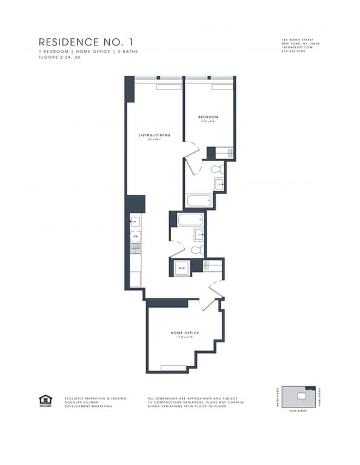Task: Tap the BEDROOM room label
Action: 208,117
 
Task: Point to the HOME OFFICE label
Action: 185,333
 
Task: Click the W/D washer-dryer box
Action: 181,267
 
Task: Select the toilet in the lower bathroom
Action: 196,249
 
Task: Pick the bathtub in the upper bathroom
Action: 197,200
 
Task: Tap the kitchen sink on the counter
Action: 135,222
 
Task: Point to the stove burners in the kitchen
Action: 136,248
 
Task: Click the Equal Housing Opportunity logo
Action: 45,400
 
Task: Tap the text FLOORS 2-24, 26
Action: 60,56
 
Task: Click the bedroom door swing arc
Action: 192,149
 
